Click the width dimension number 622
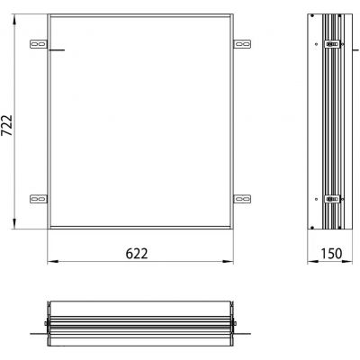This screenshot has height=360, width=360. point(137,253)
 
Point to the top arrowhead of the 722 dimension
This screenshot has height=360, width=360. point(17,17)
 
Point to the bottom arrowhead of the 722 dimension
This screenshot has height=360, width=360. point(17,230)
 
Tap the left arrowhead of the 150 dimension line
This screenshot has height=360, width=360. point(308,262)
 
